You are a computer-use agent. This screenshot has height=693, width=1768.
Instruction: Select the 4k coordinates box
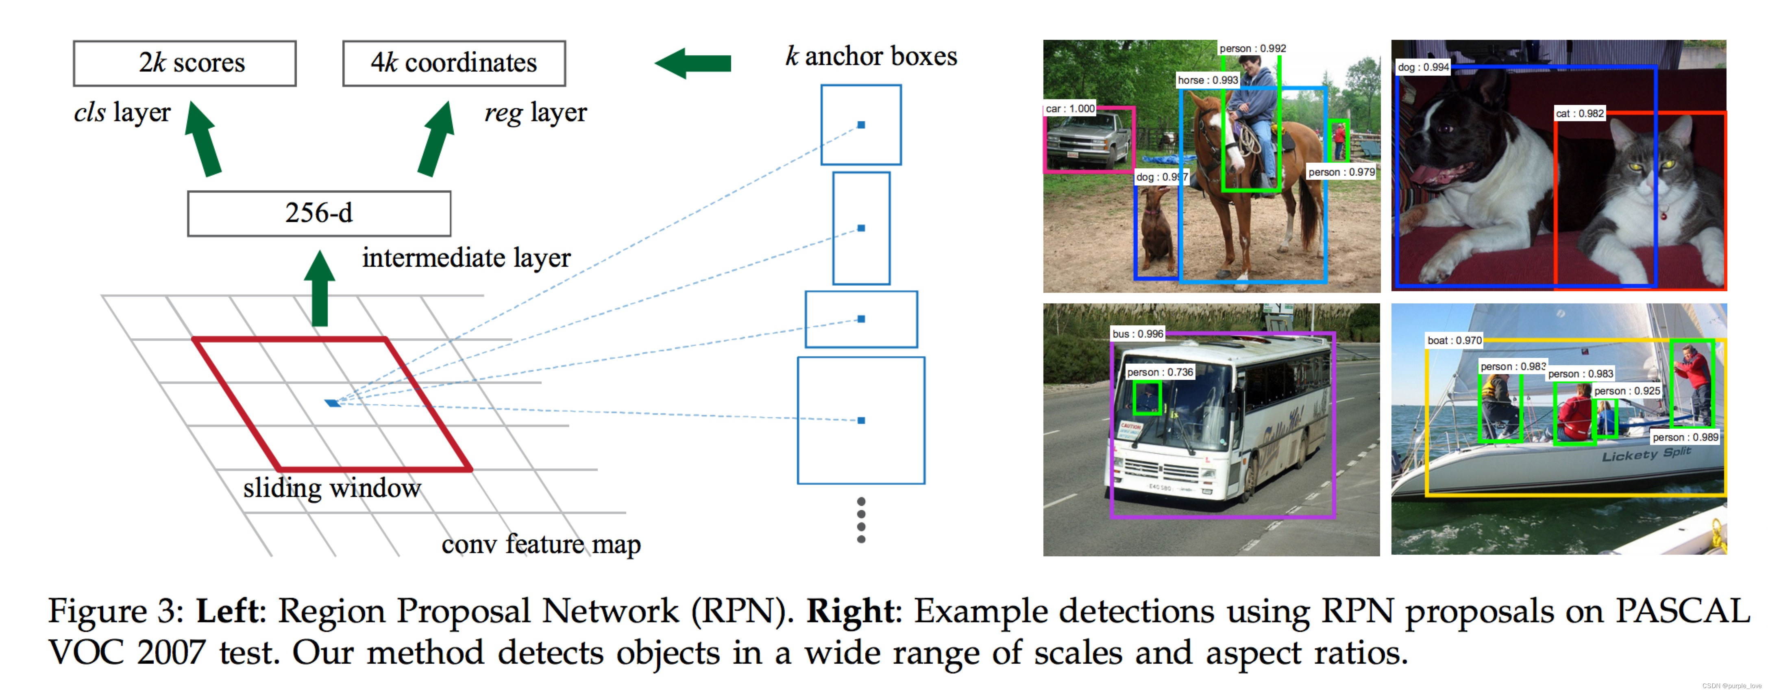pos(454,63)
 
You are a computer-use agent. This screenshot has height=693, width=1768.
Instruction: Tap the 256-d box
pos(319,214)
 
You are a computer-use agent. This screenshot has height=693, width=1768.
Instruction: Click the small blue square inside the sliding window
pos(333,403)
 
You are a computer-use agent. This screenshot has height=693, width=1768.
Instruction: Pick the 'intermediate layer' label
pos(466,258)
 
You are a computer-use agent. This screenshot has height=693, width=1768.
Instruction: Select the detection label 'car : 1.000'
pos(1070,109)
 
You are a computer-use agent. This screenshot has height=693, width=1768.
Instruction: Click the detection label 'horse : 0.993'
pos(1207,80)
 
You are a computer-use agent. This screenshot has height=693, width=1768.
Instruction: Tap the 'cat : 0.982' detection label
pos(1579,113)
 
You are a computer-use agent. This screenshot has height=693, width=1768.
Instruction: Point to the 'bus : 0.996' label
pos(1137,334)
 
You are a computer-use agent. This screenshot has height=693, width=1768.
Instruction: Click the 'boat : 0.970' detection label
pos(1454,340)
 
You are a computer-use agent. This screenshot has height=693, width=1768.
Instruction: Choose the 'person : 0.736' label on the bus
pos(1160,372)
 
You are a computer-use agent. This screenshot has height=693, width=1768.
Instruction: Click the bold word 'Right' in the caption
pos(851,610)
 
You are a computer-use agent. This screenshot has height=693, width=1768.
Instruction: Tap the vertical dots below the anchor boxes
pos(861,520)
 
